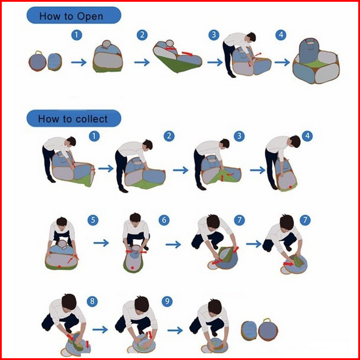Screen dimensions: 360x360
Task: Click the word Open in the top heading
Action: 90,17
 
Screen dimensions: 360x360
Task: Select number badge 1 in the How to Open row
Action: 77,35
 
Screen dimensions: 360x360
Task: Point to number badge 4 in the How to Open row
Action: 281,35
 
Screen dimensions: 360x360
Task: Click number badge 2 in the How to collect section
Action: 169,136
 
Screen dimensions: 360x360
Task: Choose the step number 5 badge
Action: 93,220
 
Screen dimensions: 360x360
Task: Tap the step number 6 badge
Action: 164,220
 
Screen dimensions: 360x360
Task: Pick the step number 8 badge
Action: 92,301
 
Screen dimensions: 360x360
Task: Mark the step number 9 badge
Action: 167,301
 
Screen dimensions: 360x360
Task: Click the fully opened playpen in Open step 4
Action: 316,61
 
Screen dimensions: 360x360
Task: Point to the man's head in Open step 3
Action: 251,37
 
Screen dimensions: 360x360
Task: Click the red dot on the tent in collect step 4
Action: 290,187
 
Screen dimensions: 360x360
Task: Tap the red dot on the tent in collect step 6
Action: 132,268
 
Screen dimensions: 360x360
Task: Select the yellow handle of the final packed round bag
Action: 267,320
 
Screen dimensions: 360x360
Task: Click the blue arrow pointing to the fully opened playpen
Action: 282,62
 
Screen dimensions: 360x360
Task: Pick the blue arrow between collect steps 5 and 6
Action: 101,243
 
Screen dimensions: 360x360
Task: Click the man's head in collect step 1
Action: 71,141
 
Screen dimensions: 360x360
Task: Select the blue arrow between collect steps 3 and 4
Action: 258,170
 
